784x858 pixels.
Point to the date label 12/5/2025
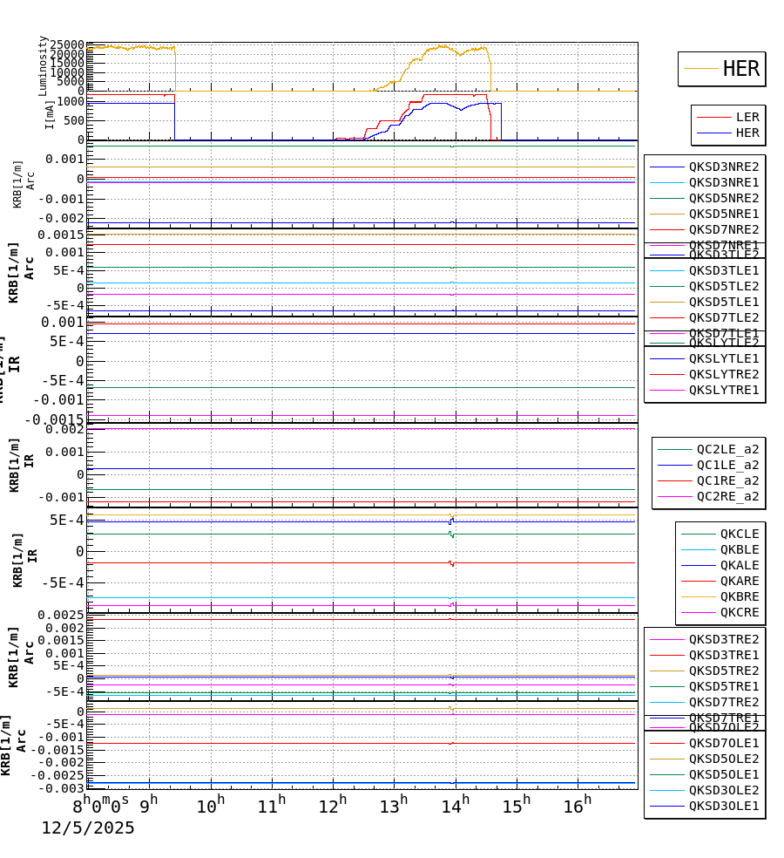88,827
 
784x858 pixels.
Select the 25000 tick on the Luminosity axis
67,45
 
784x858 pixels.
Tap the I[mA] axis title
50,113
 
